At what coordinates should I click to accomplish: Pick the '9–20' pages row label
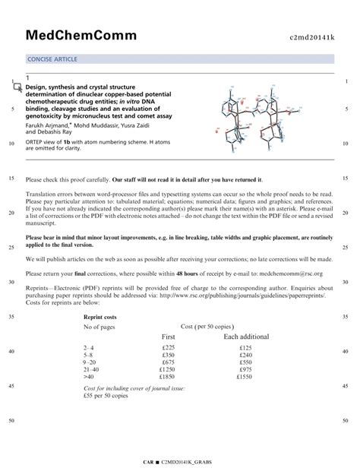pyautogui.click(x=91, y=362)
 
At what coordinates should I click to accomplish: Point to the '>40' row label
pyautogui.click(x=90, y=376)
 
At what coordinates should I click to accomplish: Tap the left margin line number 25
pyautogui.click(x=11, y=247)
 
